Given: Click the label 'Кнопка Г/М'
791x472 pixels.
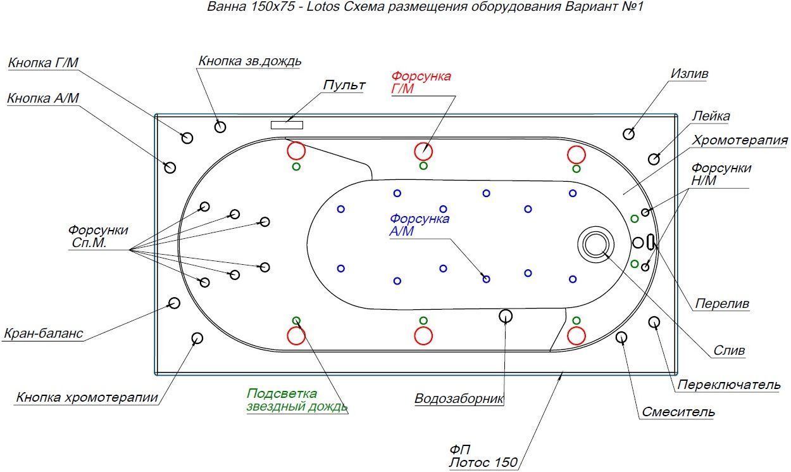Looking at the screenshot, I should coord(43,62).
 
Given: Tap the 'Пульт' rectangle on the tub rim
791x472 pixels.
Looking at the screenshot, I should coord(287,125).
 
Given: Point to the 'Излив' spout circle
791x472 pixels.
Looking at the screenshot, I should coord(629,133).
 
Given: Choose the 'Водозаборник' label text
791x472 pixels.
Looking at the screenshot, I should coord(459,399).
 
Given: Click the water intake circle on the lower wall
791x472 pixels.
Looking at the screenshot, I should coord(505,316).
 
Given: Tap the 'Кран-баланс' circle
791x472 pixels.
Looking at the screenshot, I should coord(174,303).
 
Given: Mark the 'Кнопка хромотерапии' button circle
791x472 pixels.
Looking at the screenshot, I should coord(197,338).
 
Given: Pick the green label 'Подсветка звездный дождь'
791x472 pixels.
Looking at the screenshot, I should coord(297,400).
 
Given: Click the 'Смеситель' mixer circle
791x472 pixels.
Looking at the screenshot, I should coord(621,337).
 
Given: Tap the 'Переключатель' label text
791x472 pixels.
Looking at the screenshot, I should coord(728,385).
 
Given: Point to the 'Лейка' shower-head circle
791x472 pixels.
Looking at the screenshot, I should coord(654,158).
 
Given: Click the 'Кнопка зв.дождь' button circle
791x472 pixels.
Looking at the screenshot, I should coord(220,127).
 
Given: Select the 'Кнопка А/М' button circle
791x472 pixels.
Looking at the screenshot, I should coord(170,167).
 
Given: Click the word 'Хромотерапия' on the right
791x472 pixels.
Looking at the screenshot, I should coord(740,140).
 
